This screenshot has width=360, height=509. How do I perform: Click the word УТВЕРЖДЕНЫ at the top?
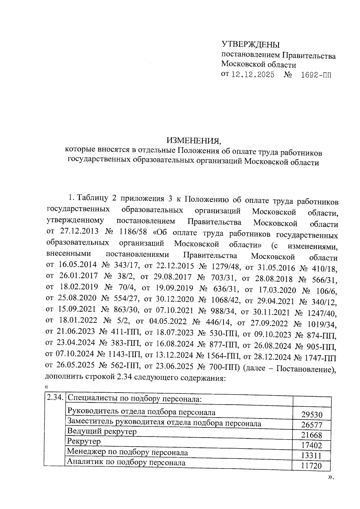pyautogui.click(x=250, y=45)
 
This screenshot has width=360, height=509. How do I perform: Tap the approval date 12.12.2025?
pyautogui.click(x=253, y=75)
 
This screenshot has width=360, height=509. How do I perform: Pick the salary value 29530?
pyautogui.click(x=312, y=415)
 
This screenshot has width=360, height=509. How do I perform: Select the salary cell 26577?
pyautogui.click(x=312, y=425)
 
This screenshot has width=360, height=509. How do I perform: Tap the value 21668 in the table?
pyautogui.click(x=312, y=435)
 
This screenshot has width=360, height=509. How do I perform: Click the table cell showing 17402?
pyautogui.click(x=312, y=445)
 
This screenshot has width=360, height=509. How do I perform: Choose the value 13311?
pyautogui.click(x=312, y=456)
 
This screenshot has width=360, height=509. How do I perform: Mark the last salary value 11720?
pyautogui.click(x=312, y=466)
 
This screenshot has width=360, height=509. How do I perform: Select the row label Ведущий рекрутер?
pyautogui.click(x=102, y=432)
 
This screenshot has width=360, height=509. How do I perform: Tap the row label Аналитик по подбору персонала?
pyautogui.click(x=126, y=462)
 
